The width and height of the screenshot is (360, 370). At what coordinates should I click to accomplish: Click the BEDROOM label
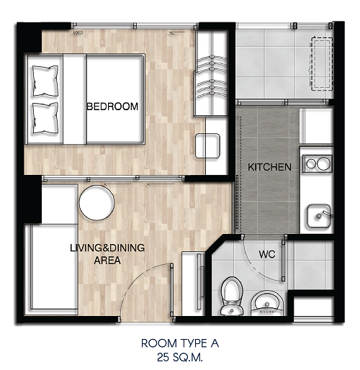coord(112,107)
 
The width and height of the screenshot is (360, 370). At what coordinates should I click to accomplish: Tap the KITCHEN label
coord(269,167)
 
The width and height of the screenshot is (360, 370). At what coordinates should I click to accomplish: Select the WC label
coord(267,254)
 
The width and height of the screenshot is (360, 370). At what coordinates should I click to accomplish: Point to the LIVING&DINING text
coord(107,248)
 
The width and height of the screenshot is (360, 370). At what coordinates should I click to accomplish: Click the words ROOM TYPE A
coord(180,343)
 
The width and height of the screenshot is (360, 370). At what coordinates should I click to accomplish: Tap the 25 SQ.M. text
coord(180,357)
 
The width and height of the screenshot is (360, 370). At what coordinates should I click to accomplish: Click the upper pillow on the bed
coord(45,81)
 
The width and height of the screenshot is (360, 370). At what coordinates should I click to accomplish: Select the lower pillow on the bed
coord(45,118)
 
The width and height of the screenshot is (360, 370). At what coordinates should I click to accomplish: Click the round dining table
coord(96,203)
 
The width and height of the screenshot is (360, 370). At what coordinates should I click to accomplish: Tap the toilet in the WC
coord(232,296)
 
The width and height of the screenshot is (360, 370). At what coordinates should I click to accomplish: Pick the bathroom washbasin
coord(267,303)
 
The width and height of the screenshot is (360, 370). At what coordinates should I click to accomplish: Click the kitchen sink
coord(319,216)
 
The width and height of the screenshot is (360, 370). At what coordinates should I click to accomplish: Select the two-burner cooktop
coord(318,163)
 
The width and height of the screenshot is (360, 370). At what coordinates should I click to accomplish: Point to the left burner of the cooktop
coord(311,163)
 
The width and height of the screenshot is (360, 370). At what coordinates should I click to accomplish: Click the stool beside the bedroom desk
coord(207,146)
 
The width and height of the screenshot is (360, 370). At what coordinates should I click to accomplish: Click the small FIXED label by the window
coord(78,32)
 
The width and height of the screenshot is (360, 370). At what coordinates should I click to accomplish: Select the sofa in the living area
coord(51,270)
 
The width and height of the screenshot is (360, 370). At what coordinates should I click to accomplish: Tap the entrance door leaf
coord(172,290)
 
